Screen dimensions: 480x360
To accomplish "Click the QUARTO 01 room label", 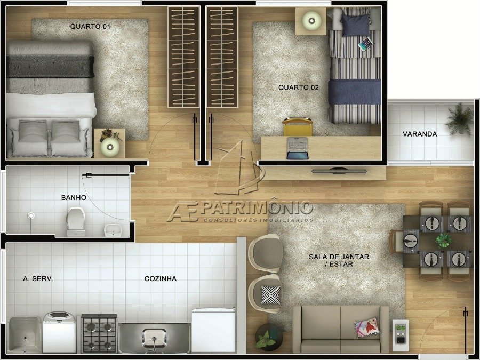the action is pos(90,26).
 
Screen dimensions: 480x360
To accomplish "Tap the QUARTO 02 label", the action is pos(299,87).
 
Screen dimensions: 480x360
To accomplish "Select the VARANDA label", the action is pos(420,134).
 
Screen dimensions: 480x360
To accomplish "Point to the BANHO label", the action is pos(74,197).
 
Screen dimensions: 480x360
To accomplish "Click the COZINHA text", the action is pos(161,278).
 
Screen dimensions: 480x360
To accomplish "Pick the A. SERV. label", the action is pos(38,278).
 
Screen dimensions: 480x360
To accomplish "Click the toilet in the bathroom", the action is pos(76,221).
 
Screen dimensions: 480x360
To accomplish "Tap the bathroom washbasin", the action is pos(113,230).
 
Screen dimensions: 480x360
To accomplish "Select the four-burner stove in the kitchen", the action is pos(99,333).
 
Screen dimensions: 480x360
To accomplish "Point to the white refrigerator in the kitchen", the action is pos(214,330).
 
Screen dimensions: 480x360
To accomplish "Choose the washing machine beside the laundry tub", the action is pos(59,332).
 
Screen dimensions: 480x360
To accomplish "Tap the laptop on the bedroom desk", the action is pos(298,148).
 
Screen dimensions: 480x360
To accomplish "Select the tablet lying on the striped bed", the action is pos(365,44).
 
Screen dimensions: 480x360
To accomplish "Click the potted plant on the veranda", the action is pos(460,119).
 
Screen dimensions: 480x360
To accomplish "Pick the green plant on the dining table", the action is pos(444,240).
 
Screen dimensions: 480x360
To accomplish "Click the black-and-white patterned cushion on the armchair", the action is pos(270,295).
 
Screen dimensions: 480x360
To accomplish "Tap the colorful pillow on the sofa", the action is pos(367,327).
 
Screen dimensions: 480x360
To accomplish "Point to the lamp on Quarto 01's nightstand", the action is pos(110,147).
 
